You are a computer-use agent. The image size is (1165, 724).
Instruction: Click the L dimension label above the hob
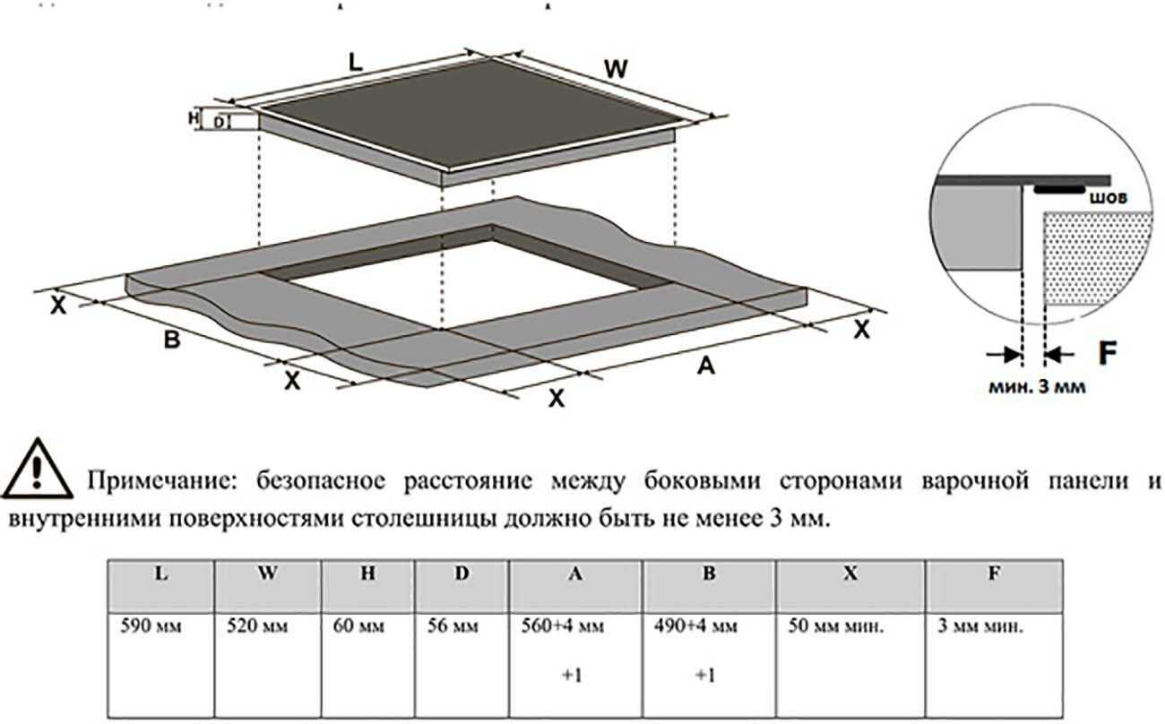click(x=355, y=63)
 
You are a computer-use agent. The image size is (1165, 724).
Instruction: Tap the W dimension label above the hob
click(x=616, y=69)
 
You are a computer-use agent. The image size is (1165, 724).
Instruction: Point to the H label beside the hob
click(x=194, y=118)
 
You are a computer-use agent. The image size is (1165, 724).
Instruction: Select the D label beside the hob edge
click(x=220, y=123)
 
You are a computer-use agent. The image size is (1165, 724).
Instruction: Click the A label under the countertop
click(x=706, y=366)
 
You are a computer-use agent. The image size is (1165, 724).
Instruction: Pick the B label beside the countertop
click(x=172, y=340)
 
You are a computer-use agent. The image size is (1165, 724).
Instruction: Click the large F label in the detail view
click(x=1108, y=354)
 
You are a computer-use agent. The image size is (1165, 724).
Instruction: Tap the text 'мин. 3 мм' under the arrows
click(x=1037, y=387)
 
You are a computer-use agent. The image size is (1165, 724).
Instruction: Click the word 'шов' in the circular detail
click(x=1109, y=198)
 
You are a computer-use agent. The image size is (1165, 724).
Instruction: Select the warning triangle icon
click(x=37, y=469)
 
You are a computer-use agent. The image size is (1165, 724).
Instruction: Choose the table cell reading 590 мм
click(x=161, y=666)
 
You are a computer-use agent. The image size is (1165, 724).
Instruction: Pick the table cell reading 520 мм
click(x=268, y=666)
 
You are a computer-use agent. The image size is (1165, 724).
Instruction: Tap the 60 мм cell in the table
click(x=367, y=666)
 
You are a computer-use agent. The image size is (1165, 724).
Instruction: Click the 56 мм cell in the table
click(x=462, y=666)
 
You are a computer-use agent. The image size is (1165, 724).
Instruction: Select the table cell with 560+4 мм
click(x=575, y=666)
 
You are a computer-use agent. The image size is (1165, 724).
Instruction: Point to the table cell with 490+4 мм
click(x=709, y=666)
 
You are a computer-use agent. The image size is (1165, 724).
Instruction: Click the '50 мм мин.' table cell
click(x=850, y=666)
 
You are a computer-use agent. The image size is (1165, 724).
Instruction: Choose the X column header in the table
click(x=850, y=586)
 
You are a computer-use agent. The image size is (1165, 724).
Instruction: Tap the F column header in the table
click(x=994, y=586)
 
